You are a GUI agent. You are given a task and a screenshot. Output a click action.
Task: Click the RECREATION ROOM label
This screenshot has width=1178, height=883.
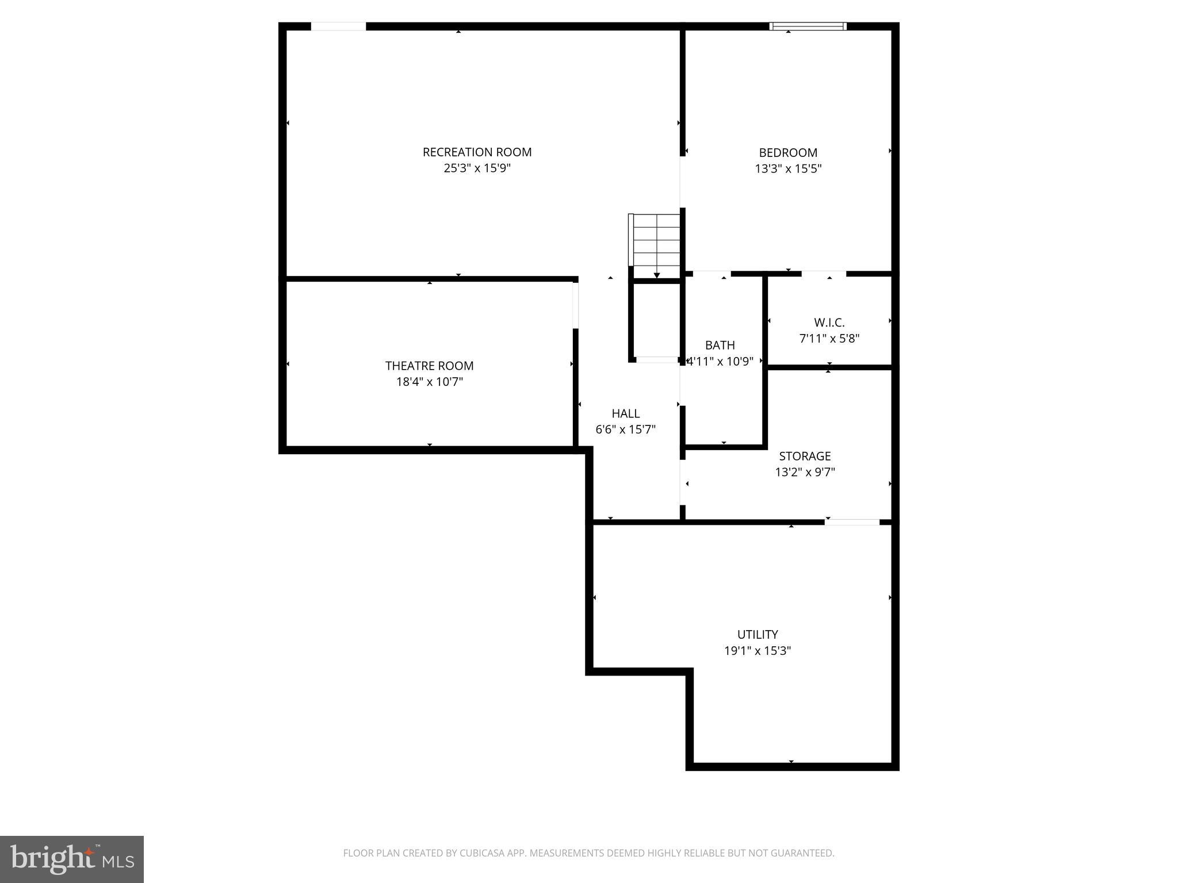(477, 152)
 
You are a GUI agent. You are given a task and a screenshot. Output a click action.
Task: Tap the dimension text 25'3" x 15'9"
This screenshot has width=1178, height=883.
(477, 168)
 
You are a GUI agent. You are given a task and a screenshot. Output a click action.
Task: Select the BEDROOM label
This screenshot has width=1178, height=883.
(787, 153)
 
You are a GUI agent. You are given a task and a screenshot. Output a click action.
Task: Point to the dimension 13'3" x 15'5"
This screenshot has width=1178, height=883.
(787, 169)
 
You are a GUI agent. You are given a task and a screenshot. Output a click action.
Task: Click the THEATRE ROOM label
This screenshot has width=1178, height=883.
(429, 366)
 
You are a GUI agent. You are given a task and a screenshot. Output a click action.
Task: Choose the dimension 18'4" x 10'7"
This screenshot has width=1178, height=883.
(429, 382)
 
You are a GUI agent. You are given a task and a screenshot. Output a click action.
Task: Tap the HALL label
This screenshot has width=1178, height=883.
(625, 413)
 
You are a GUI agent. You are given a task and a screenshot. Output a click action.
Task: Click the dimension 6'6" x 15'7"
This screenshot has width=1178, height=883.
(625, 429)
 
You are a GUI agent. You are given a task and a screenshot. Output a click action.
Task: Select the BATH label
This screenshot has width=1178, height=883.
(720, 345)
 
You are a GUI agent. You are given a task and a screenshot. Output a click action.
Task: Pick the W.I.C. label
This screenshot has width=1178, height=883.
(829, 323)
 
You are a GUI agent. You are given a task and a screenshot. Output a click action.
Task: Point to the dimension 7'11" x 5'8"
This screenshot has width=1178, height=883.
(829, 339)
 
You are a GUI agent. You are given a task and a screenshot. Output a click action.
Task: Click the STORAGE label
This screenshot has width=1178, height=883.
(804, 456)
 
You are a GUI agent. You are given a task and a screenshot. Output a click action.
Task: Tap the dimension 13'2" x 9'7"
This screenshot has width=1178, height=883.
(804, 472)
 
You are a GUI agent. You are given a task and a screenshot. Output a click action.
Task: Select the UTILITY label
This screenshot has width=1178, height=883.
(757, 635)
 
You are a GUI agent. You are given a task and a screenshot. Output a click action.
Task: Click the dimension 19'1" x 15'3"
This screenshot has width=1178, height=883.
(757, 651)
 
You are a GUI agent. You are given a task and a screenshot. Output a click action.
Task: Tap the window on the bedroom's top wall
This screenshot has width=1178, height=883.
(808, 26)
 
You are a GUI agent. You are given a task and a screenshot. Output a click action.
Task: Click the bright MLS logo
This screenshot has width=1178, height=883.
(72, 859)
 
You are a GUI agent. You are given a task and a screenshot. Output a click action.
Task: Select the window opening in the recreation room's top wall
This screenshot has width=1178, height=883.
(338, 26)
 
